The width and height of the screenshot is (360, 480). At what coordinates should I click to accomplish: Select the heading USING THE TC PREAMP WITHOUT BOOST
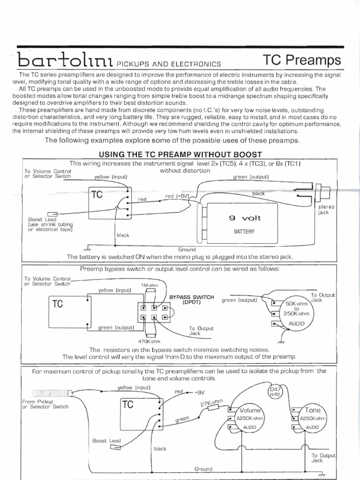(x=180, y=155)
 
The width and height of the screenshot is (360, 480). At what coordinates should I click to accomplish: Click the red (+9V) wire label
(x=177, y=196)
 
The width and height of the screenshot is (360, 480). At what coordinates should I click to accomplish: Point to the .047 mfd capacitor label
(x=274, y=392)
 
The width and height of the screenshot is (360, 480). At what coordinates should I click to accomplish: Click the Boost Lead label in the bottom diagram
(x=106, y=441)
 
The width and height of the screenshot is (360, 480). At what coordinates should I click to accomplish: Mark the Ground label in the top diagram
(x=187, y=249)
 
